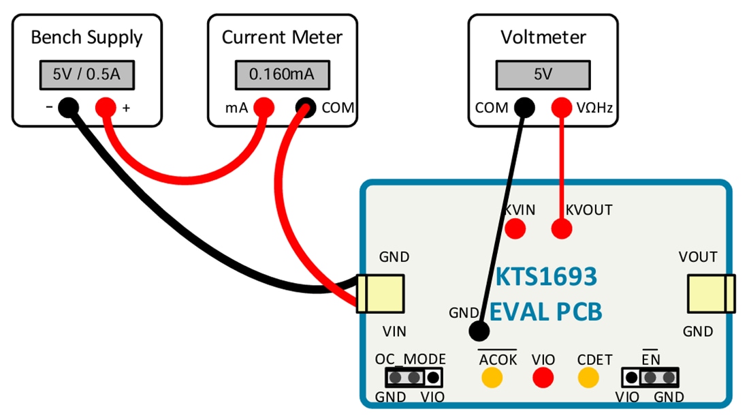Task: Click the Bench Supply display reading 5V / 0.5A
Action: pos(86,74)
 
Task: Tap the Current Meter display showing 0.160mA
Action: pos(282,74)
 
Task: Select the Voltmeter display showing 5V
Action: pos(543,74)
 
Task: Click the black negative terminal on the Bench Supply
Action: pos(67,107)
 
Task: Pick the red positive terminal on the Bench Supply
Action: pos(105,107)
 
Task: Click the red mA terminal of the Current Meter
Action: pos(264,107)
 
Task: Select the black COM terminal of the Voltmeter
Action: pos(523,107)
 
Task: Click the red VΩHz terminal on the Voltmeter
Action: pos(561,107)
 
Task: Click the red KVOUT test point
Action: pos(561,228)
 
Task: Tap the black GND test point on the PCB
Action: pos(479,331)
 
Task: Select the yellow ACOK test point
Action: pos(491,376)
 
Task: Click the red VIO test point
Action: pos(543,376)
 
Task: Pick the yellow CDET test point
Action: pos(588,376)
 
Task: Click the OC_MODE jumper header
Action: pos(413,376)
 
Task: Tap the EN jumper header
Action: pos(651,376)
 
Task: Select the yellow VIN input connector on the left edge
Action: pos(381,293)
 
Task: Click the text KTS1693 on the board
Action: pos(545,276)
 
